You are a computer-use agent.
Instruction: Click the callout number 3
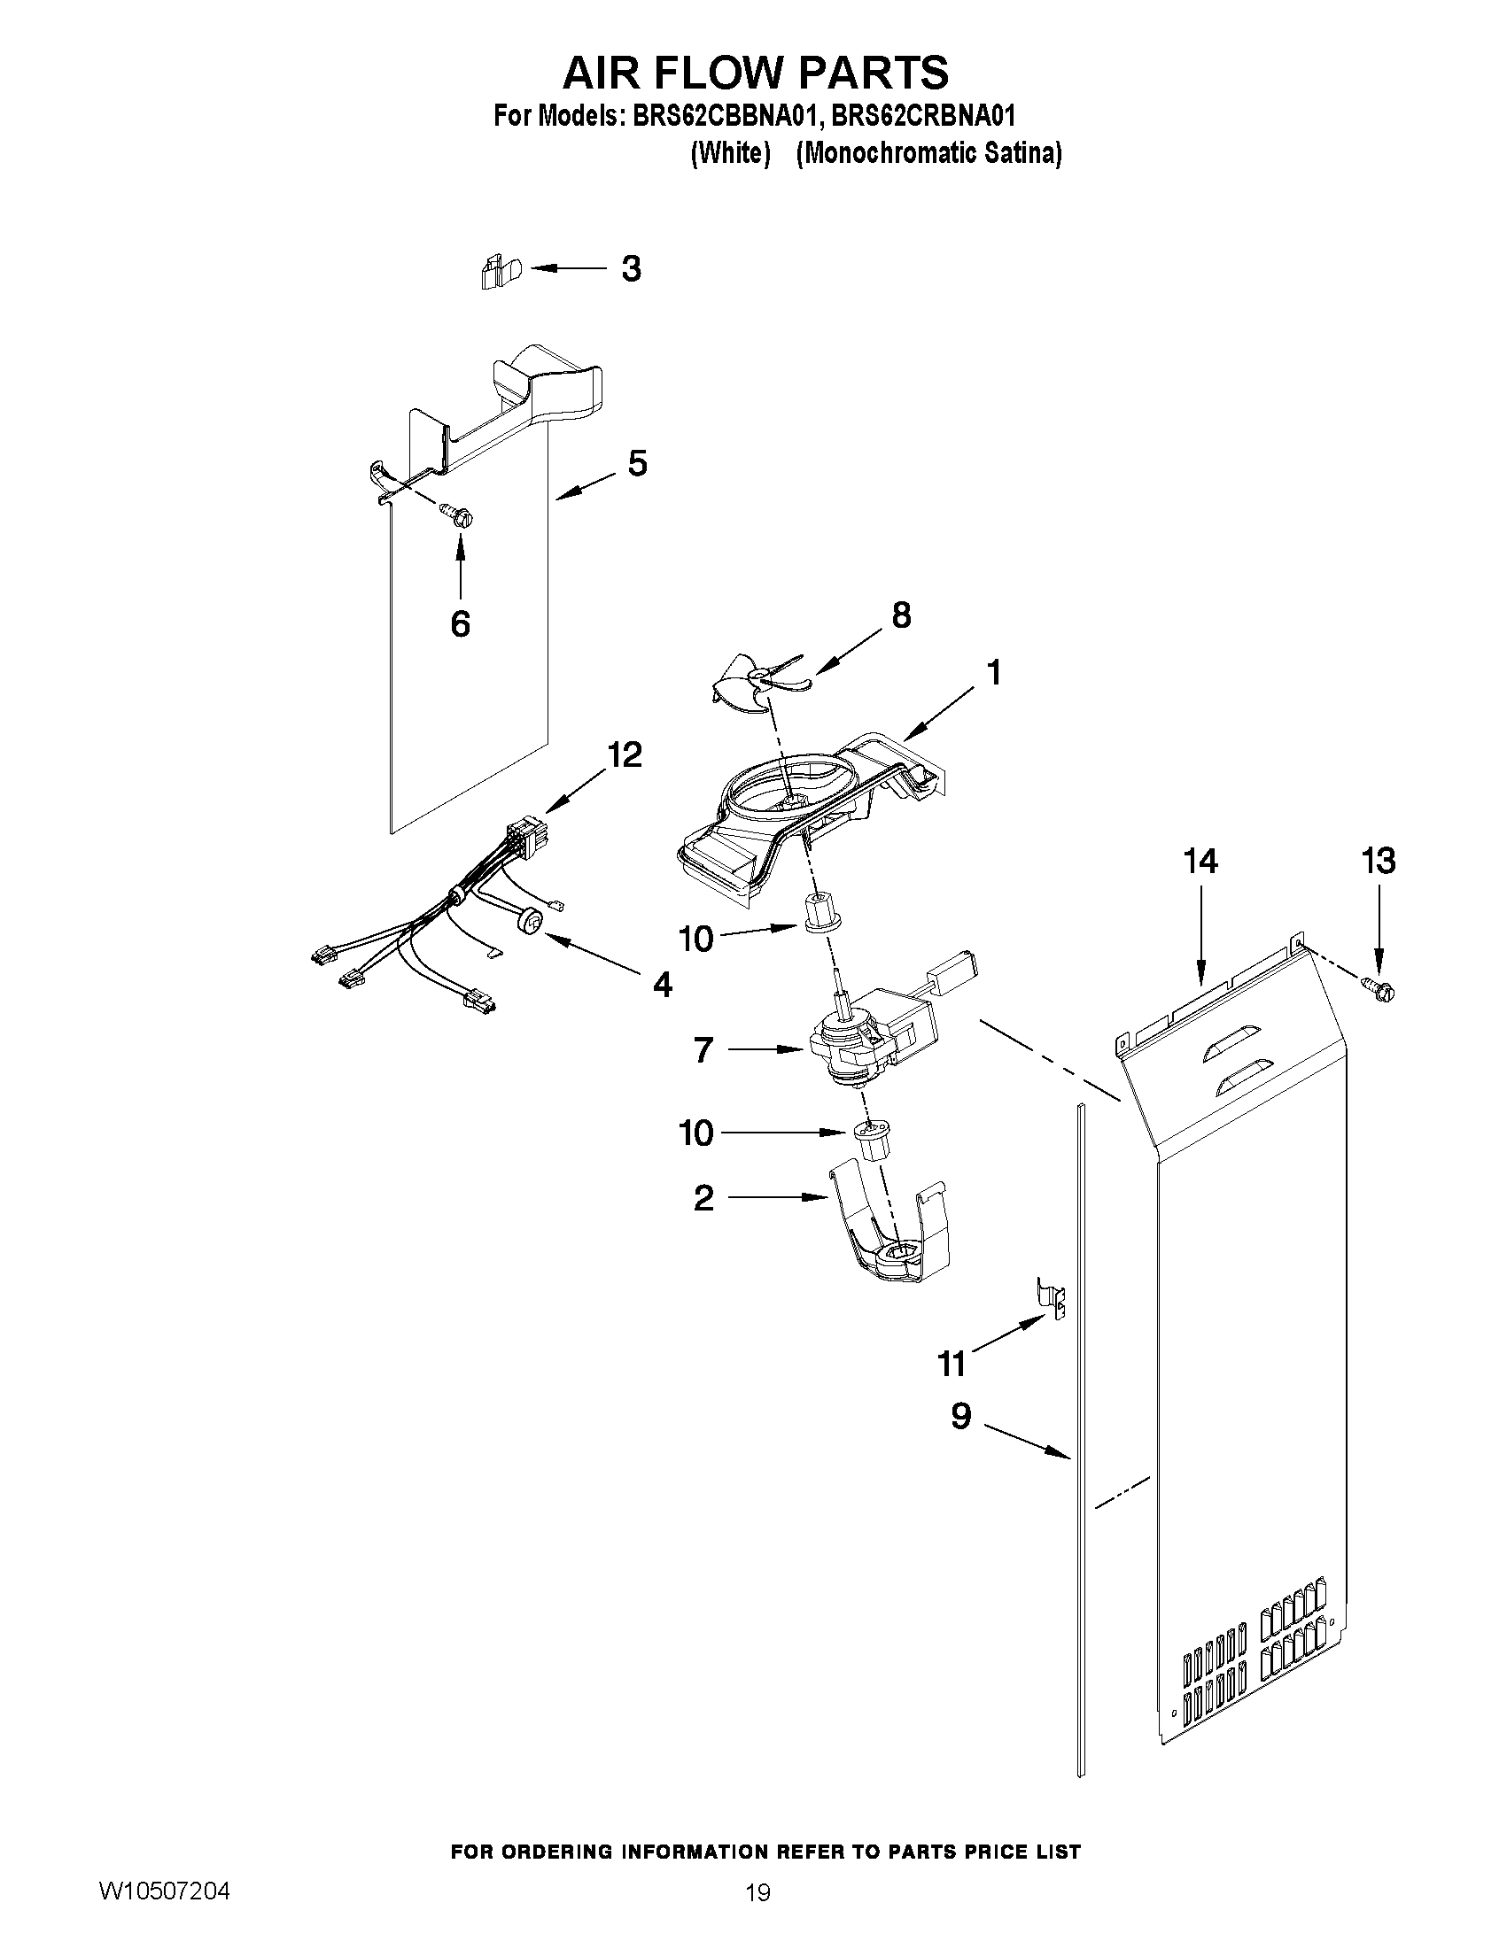click(x=630, y=268)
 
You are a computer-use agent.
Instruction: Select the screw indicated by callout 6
click(x=460, y=514)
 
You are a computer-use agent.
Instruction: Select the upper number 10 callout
click(x=696, y=938)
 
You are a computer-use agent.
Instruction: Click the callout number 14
click(x=1200, y=862)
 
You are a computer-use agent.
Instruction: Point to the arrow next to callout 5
click(x=585, y=486)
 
